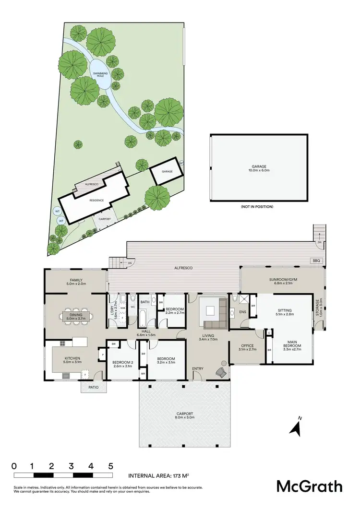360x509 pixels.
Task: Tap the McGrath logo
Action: tap(310, 485)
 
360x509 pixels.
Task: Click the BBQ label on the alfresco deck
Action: tap(316, 260)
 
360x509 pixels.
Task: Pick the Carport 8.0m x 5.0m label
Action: tap(184, 415)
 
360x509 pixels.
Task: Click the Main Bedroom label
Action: tap(292, 347)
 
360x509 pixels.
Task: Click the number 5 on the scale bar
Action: tap(110, 466)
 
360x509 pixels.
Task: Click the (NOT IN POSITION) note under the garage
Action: tap(257, 206)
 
